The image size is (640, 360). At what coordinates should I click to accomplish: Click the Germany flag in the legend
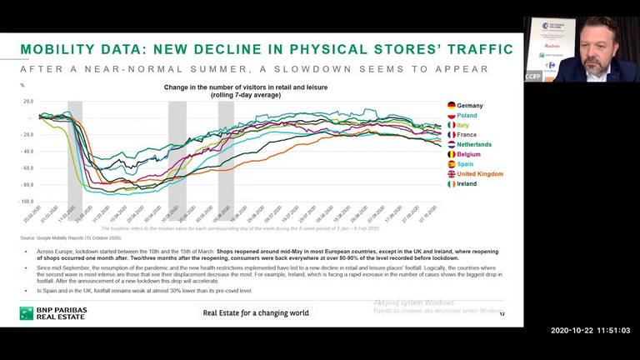452,106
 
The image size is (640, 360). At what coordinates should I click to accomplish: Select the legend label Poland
467,116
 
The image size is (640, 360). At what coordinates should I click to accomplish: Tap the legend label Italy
462,126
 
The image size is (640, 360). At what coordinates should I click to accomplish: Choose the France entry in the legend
467,135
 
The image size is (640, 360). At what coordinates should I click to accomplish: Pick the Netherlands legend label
473,145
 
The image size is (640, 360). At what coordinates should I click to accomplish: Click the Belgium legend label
468,154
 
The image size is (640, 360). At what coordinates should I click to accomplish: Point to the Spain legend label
465,164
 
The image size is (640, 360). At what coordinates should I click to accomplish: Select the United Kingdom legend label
480,174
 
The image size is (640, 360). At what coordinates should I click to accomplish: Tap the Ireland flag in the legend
452,184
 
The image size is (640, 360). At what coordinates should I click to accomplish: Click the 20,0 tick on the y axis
27,102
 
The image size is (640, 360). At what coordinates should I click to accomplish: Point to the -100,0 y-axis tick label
26,201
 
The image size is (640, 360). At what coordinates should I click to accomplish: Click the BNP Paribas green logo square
27,313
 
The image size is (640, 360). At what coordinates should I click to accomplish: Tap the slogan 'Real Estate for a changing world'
256,313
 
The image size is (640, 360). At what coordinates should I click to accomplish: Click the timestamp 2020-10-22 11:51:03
590,331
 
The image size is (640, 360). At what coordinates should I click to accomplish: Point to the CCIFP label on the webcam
533,77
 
